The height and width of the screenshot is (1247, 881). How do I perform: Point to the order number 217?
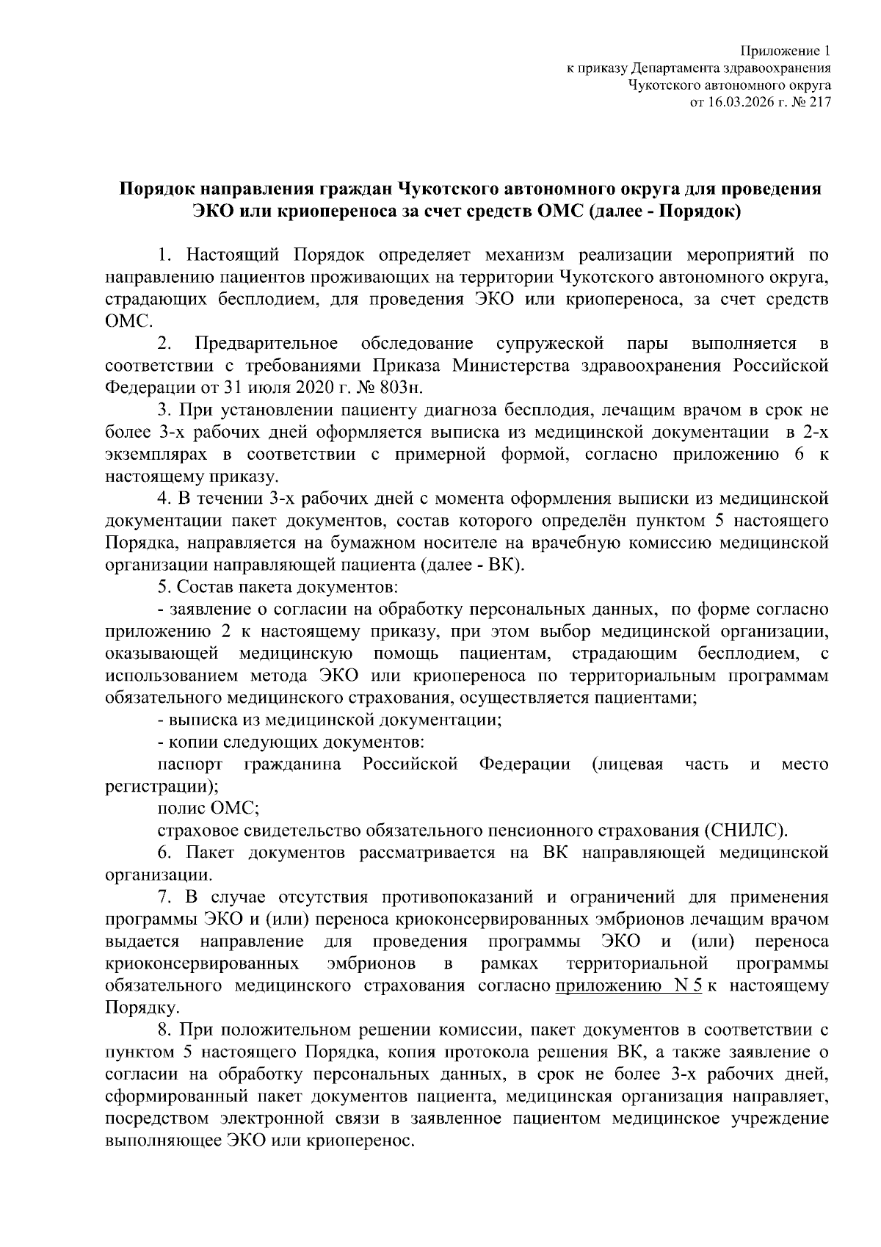[x=819, y=103]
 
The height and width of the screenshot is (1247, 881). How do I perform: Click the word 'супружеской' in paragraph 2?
[x=550, y=343]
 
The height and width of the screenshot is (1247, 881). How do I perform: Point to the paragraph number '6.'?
[x=165, y=853]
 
